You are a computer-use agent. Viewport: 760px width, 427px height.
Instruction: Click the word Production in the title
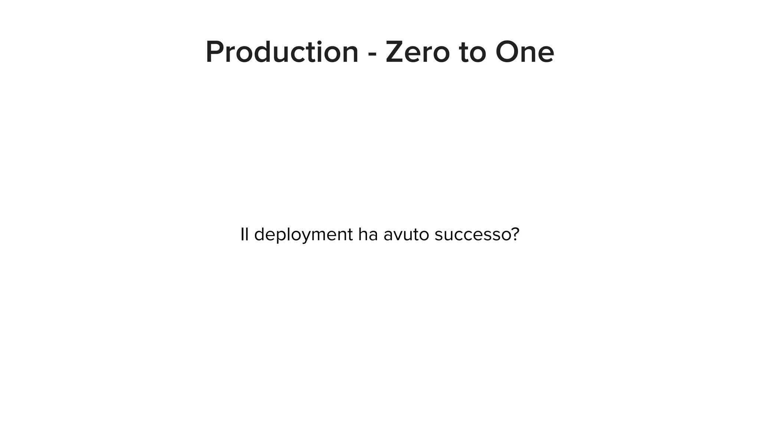(x=282, y=52)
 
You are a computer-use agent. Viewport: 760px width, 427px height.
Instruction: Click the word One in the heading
(x=524, y=52)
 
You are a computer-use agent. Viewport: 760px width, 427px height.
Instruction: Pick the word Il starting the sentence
(x=244, y=234)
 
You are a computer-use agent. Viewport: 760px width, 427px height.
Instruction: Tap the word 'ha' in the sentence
(x=368, y=234)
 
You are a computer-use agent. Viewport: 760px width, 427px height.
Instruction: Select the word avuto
(x=406, y=235)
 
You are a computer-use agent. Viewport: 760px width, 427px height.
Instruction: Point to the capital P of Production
(x=214, y=52)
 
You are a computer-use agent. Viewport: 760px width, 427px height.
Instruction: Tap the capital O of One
(x=508, y=52)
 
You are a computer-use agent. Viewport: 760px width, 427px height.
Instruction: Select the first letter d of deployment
(x=260, y=234)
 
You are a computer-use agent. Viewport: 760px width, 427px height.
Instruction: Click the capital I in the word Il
(x=242, y=234)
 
